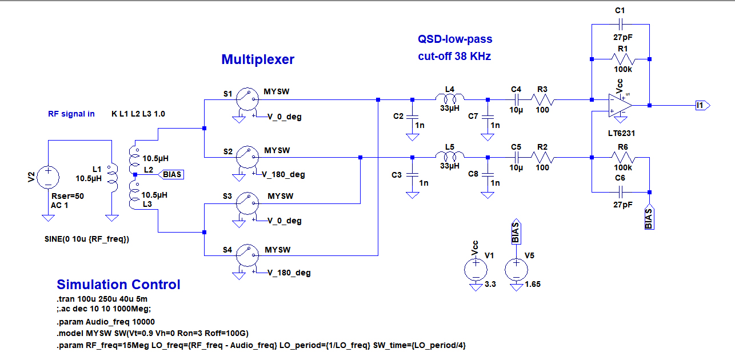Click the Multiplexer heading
coord(258,59)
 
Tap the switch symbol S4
coord(246,253)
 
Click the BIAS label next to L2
coord(173,174)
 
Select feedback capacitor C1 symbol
coord(621,25)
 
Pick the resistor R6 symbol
coord(621,157)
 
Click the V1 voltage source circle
coord(475,269)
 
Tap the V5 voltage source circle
coord(516,269)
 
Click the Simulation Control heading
coord(118,285)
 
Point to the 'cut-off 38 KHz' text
coord(454,57)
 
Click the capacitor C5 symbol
coord(517,157)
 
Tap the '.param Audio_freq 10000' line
coord(105,322)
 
